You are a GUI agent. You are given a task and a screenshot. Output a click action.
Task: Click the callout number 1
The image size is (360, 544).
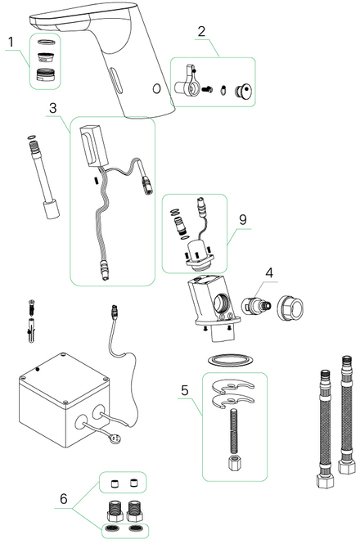[x=11, y=42]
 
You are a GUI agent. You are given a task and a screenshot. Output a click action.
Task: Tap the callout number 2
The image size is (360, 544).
[x=202, y=31]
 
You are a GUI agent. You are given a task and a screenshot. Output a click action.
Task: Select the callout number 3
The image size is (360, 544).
[x=52, y=108]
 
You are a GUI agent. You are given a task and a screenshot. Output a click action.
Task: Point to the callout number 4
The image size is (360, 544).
[x=269, y=272]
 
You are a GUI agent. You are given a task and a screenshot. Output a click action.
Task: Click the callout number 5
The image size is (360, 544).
[x=185, y=390]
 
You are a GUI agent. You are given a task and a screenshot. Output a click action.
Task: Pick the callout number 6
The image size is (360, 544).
[x=64, y=499]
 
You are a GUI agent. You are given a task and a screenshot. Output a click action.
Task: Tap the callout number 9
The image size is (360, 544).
[x=243, y=219]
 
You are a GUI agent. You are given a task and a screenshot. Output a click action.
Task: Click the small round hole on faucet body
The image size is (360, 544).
[x=156, y=89]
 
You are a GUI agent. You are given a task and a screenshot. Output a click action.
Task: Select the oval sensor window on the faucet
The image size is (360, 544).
[x=115, y=80]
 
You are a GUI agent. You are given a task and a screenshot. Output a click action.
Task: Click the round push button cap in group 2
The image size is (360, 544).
[x=243, y=92]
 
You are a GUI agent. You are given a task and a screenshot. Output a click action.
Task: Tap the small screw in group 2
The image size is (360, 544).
[x=207, y=89]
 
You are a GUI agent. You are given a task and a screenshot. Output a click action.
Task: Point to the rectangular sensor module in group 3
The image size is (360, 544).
[x=94, y=146]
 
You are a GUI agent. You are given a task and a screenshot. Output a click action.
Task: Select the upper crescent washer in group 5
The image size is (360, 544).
[x=232, y=386]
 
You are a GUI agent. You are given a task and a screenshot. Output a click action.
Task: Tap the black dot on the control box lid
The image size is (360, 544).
[x=38, y=369]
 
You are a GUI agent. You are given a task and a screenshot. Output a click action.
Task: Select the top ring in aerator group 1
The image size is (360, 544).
[x=46, y=42]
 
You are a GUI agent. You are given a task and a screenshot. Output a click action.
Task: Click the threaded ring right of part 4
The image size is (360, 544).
[x=290, y=308]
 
